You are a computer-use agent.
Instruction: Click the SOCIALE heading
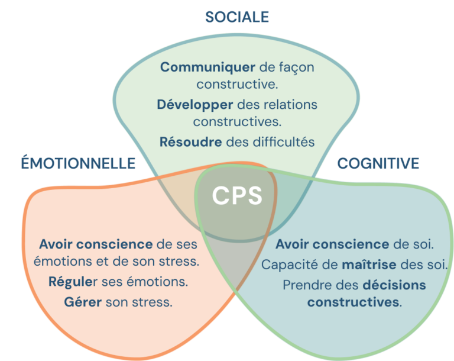[236, 17]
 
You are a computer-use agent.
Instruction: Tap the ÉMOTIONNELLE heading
[79, 163]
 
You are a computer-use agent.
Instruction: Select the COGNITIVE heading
[378, 163]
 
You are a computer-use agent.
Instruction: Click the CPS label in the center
[237, 196]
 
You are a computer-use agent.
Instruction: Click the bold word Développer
[196, 105]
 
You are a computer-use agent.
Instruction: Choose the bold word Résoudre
[190, 142]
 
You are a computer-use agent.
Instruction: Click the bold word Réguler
[73, 282]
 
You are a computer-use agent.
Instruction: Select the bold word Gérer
[83, 302]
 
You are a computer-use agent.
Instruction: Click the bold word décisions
[394, 285]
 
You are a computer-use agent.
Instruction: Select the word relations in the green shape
[290, 105]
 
